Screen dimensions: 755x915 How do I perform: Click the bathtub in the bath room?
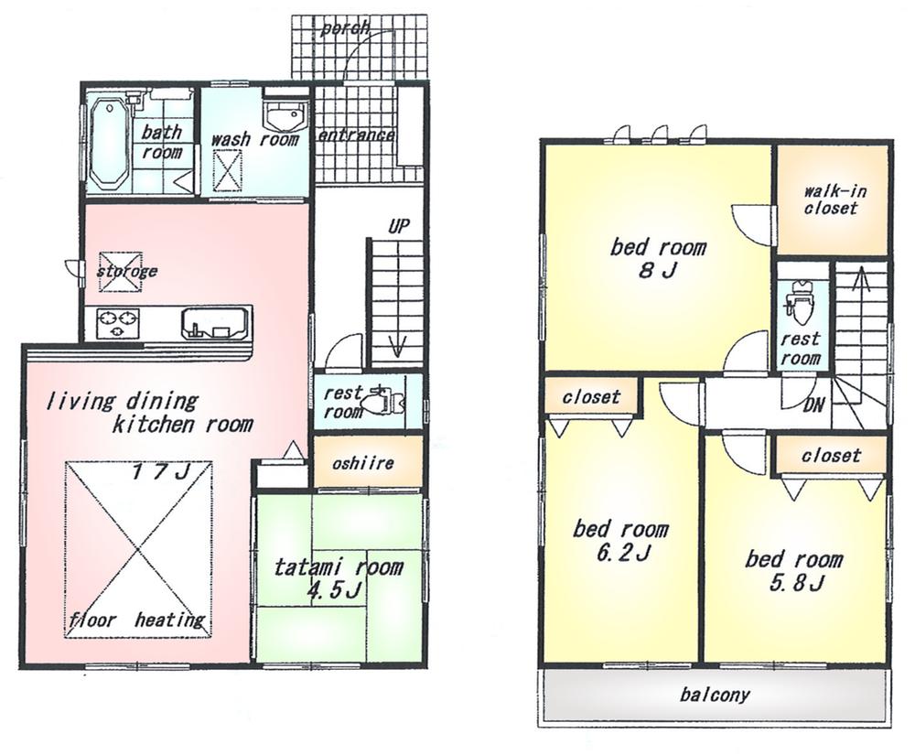pyautogui.click(x=110, y=143)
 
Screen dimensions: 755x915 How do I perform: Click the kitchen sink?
pyautogui.click(x=215, y=323)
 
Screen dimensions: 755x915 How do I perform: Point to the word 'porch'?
pyautogui.click(x=345, y=28)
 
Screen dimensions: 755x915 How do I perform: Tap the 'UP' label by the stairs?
pyautogui.click(x=398, y=226)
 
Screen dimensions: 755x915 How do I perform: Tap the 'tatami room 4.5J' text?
pyautogui.click(x=339, y=578)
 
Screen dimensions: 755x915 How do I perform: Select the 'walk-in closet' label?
pyautogui.click(x=833, y=200)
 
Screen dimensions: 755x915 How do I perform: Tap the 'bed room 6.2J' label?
pyautogui.click(x=620, y=541)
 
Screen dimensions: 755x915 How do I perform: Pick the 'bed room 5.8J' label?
pyautogui.click(x=793, y=570)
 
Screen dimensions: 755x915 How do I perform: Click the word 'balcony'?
pyautogui.click(x=715, y=695)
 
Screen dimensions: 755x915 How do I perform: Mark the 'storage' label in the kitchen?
pyautogui.click(x=127, y=271)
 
